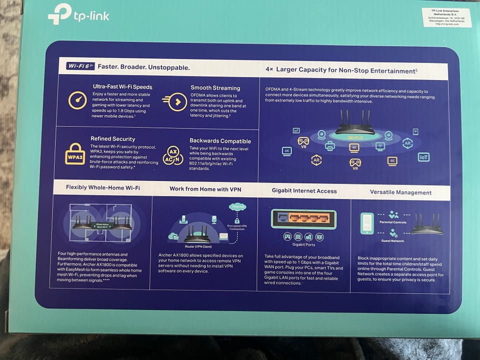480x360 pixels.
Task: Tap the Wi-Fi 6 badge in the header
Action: [80, 66]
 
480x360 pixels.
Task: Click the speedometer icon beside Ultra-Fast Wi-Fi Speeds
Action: [77, 100]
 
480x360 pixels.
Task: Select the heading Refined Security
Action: [113, 139]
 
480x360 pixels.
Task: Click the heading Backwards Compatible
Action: [220, 141]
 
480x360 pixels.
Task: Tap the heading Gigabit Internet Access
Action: [304, 190]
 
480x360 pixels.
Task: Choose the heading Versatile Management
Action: [400, 192]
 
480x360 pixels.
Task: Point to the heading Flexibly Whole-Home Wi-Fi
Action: [103, 187]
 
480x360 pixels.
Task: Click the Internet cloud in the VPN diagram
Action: [237, 206]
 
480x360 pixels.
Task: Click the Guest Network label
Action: [392, 240]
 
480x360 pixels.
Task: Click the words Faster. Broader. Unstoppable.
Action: [143, 66]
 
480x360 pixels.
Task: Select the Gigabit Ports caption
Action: [303, 244]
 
